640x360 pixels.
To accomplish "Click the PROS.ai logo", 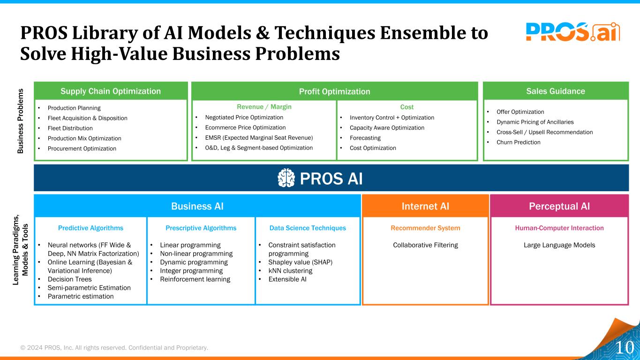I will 572,32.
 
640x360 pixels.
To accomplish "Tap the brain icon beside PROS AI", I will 286,178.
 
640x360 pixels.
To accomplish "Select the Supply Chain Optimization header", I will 111,91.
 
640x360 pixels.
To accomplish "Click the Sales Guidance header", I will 555,91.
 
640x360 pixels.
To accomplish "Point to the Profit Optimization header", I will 334,91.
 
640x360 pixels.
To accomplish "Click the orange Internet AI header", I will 425,206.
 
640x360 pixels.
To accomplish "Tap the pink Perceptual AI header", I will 559,206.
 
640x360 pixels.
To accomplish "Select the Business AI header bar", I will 197,206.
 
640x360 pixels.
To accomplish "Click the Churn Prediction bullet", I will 518,142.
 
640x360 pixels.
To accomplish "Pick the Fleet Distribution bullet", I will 70,128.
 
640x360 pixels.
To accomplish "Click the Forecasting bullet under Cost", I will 365,138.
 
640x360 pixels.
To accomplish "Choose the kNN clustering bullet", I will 290,270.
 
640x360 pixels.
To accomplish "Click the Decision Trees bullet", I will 69,279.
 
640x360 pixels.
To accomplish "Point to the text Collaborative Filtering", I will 425,245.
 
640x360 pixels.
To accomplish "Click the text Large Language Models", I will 559,245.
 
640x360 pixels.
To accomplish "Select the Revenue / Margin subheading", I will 264,107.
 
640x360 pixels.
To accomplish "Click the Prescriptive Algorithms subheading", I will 201,228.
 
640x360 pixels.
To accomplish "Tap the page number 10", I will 624,347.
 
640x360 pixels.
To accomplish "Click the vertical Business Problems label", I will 21,121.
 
